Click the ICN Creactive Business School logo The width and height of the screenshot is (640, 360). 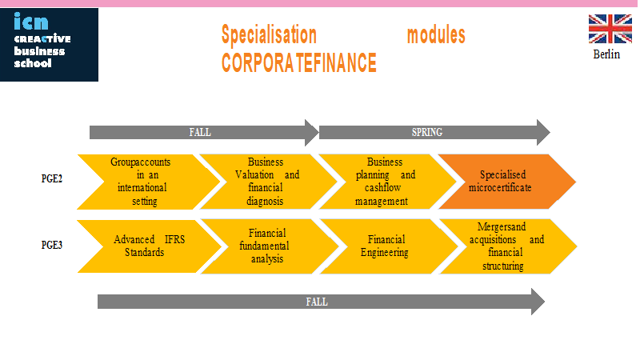tap(49, 45)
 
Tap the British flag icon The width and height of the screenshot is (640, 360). tap(610, 29)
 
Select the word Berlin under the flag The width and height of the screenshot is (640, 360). tap(606, 54)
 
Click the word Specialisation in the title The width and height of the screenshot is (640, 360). tap(269, 34)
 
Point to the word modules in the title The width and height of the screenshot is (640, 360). tap(436, 35)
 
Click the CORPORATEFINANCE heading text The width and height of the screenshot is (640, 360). tap(298, 62)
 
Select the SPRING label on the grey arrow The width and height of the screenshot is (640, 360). tap(427, 132)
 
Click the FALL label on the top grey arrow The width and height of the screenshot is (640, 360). tap(200, 132)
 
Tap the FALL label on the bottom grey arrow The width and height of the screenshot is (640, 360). tap(317, 302)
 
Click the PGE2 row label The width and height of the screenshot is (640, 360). tap(52, 178)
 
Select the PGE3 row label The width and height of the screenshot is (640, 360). tap(52, 245)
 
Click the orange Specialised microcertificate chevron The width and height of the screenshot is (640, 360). tap(506, 182)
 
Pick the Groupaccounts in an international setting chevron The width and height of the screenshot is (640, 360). tap(149, 182)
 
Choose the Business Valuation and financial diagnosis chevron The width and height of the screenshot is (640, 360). tap(268, 182)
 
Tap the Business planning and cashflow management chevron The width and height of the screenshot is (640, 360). tap(387, 182)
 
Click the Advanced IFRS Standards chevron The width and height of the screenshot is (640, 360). tap(150, 246)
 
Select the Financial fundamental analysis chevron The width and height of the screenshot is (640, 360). tap(270, 246)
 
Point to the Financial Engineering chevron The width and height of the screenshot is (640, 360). tap(389, 246)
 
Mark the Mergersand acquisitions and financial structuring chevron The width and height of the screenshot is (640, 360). tap(508, 246)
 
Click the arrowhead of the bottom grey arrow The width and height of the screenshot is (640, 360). tap(538, 302)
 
